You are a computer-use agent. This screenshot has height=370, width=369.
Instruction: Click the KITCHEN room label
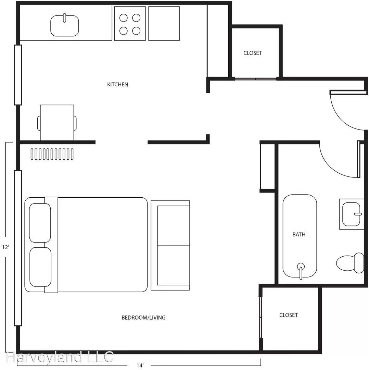[118, 84]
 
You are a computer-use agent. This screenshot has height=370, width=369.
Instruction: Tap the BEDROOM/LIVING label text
[143, 318]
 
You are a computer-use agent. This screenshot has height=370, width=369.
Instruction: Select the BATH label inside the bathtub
[299, 235]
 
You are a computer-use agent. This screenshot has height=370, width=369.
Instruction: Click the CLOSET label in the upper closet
[253, 53]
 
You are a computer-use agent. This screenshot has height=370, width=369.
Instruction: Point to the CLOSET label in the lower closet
[288, 315]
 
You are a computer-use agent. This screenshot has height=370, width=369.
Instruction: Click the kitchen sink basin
[65, 25]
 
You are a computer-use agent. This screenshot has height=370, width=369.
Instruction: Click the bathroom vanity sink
[352, 214]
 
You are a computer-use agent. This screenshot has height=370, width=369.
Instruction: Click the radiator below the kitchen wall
[52, 154]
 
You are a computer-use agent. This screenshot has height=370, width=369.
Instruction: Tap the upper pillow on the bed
[40, 223]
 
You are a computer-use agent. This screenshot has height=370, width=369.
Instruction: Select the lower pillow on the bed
[40, 267]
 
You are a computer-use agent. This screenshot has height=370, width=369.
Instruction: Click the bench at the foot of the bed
[170, 245]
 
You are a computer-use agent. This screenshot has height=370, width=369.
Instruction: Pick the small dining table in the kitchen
[57, 122]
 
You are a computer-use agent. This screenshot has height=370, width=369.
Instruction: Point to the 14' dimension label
[140, 366]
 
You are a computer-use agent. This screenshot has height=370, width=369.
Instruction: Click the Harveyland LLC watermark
[60, 357]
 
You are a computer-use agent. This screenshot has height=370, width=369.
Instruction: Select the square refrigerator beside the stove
[164, 23]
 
